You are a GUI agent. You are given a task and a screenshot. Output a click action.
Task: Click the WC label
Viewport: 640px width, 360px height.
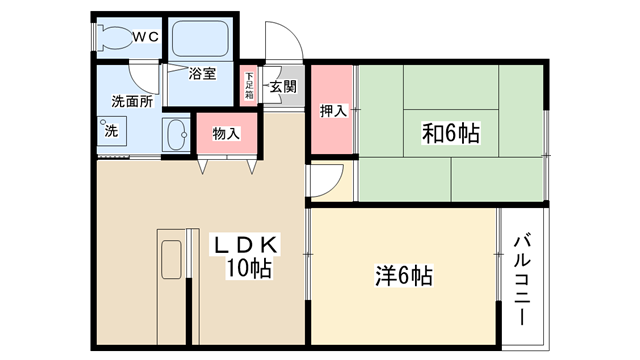coord(145,37)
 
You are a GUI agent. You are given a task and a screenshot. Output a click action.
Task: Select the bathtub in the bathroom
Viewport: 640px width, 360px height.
coord(200,38)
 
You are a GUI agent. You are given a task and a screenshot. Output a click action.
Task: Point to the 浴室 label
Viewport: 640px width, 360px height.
coord(202,74)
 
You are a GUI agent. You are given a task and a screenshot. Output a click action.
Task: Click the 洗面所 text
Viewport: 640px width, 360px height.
coord(132,101)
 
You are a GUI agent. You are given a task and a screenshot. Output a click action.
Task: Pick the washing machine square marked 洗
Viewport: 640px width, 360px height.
coord(111,131)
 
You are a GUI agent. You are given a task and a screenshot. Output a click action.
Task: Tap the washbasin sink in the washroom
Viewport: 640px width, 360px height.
coord(176,135)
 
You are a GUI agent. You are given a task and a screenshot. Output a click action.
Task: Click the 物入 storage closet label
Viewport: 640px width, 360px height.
coord(226,133)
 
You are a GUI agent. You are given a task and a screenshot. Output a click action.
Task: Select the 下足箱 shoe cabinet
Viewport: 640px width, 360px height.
coord(249,86)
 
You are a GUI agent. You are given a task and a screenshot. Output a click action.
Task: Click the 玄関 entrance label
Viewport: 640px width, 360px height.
coord(283,87)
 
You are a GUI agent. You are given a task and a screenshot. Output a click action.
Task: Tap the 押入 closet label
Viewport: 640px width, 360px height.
coord(333,111)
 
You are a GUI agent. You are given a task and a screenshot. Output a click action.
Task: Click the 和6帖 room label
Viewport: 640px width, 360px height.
coord(451,133)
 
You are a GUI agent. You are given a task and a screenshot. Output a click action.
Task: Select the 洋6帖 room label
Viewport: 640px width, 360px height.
coord(404,276)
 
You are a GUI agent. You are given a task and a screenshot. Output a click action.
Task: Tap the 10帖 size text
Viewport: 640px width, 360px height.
coord(249,268)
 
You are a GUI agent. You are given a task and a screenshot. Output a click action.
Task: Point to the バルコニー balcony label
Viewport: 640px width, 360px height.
coord(522,279)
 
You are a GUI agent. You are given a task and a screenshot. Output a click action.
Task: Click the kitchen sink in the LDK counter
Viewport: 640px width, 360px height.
coord(171,260)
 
